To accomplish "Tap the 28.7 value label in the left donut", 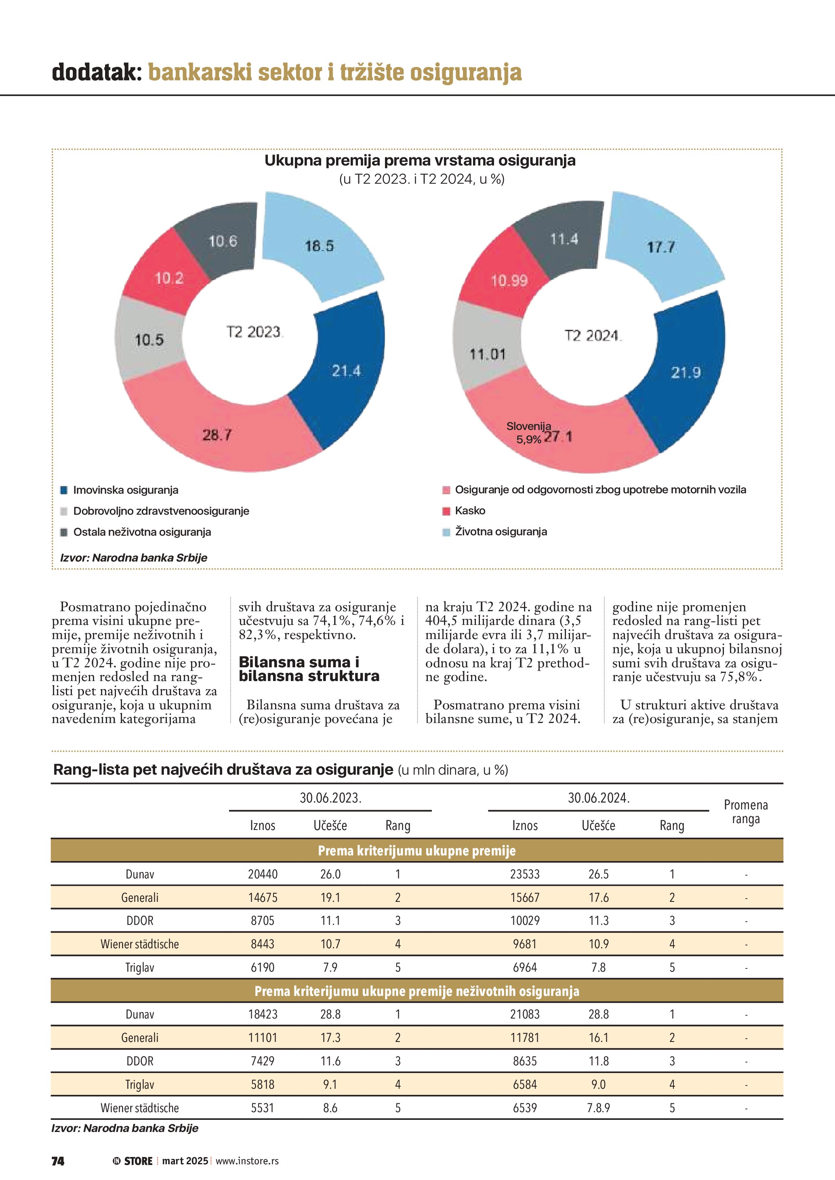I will [x=217, y=435].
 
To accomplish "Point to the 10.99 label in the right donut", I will [x=509, y=281].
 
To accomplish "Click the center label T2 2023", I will [x=254, y=332].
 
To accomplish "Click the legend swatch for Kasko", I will [x=446, y=511].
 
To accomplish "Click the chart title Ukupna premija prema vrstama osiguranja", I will [x=420, y=160].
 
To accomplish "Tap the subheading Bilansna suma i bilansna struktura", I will [x=309, y=669].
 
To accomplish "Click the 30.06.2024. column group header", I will [x=599, y=798].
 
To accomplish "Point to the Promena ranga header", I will [x=746, y=811].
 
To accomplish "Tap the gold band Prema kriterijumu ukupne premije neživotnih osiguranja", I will [x=416, y=991].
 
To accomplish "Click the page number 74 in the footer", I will [x=58, y=1161].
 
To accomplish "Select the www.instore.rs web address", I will [x=247, y=1161].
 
